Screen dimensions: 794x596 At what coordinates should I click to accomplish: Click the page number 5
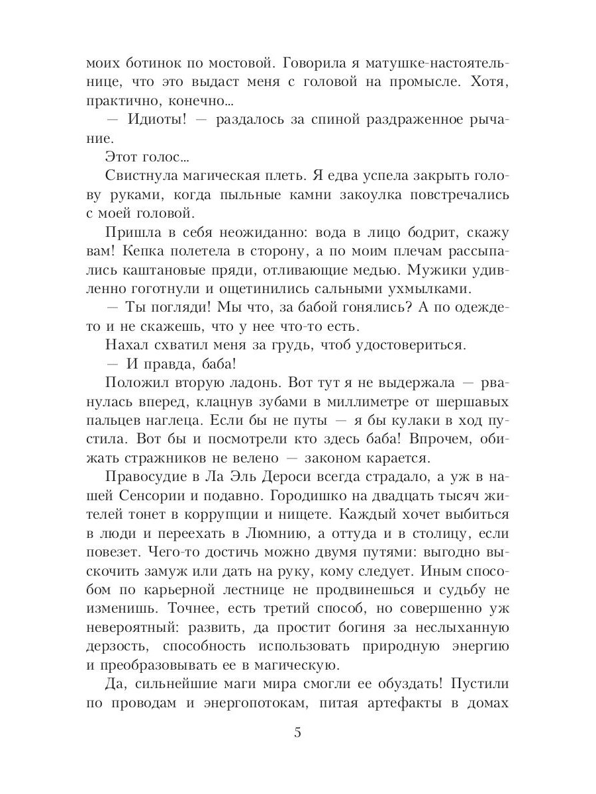coord(297,732)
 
